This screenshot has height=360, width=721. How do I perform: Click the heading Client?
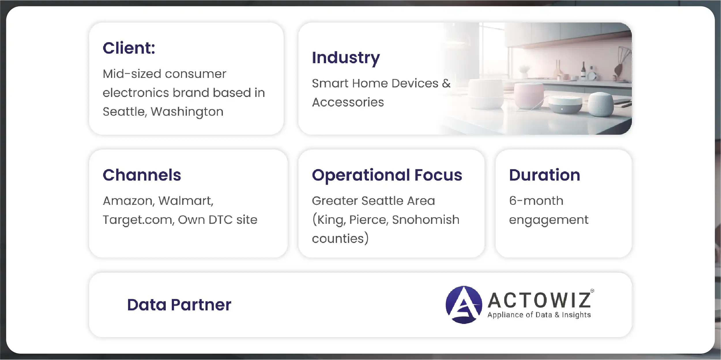click(x=129, y=48)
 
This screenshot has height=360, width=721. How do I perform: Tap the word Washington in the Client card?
click(x=187, y=112)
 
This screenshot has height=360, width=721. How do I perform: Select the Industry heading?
click(x=346, y=58)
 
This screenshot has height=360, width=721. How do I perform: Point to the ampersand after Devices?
click(x=446, y=83)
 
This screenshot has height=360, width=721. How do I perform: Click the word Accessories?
click(x=348, y=102)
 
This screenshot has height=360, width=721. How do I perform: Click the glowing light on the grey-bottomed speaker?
click(x=562, y=109)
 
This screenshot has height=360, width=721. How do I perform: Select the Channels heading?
click(x=142, y=175)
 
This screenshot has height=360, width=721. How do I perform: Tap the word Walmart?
click(x=186, y=201)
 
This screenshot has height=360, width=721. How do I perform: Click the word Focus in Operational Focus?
click(x=438, y=175)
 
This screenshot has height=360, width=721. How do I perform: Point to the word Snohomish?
click(x=426, y=220)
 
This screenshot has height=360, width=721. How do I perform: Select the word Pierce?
click(x=368, y=220)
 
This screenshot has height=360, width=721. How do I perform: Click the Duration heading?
click(x=545, y=175)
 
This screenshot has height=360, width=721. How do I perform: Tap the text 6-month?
click(x=536, y=201)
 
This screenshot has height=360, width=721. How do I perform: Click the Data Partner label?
click(x=179, y=305)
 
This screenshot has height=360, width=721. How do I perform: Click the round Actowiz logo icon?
click(x=464, y=305)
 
